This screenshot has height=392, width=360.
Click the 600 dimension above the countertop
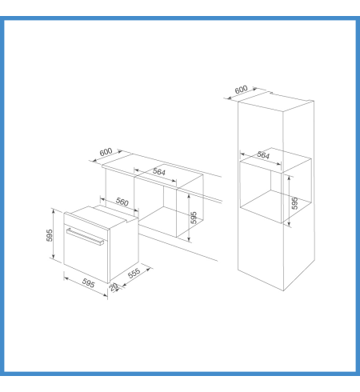[x=106, y=152]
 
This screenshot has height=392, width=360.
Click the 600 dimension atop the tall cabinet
[x=241, y=90]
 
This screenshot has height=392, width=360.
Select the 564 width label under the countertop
[x=159, y=172]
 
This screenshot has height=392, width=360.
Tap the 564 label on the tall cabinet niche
[x=263, y=155]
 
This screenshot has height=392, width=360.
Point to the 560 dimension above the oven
[x=122, y=202]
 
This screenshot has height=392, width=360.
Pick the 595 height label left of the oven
[x=50, y=235]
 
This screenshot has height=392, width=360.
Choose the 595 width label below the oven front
[x=88, y=283]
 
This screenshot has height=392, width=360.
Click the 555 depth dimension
[x=134, y=273]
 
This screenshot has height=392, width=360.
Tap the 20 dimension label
[x=114, y=287]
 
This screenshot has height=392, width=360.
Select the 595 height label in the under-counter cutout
[x=194, y=218]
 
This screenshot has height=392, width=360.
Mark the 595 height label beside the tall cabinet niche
[x=294, y=203]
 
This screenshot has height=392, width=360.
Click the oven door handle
[x=85, y=237]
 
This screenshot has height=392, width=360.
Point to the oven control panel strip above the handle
[x=86, y=221]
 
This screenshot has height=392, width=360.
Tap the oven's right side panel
[x=124, y=250]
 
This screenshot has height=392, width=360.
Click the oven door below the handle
[x=86, y=260]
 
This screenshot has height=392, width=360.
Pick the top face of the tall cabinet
[x=276, y=102]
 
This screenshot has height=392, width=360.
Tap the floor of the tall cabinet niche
[x=276, y=206]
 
